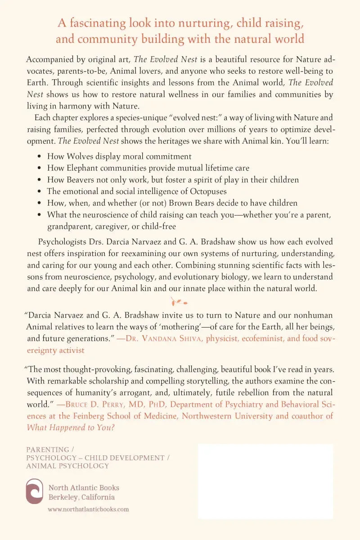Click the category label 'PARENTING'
click(x=48, y=450)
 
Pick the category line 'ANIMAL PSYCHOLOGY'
click(x=67, y=466)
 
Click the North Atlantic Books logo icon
click(x=35, y=491)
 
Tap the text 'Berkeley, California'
click(x=81, y=497)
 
